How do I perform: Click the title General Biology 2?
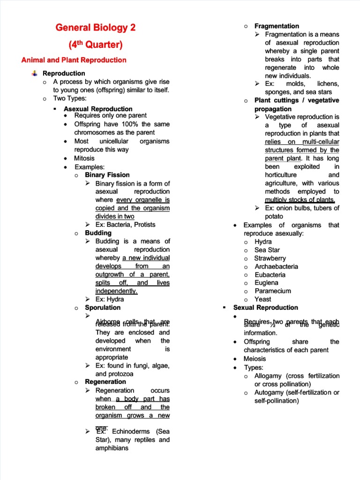[x=96, y=28]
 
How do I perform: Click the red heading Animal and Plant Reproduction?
[x=74, y=60]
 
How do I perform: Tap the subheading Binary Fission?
[x=107, y=175]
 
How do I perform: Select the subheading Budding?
[x=98, y=233]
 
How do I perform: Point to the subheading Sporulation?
[x=103, y=307]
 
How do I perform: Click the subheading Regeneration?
[x=105, y=382]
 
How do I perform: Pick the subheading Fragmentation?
[x=277, y=26]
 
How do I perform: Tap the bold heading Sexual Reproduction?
[x=265, y=307]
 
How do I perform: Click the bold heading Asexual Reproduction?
[x=98, y=109]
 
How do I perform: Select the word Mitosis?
[x=84, y=158]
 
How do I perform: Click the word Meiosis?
[x=255, y=359]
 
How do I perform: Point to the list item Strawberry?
[x=270, y=258]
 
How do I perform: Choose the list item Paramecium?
[x=273, y=291]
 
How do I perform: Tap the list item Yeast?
[x=263, y=299]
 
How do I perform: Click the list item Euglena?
[x=266, y=283]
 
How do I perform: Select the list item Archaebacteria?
[x=276, y=266]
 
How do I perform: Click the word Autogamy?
[x=270, y=392]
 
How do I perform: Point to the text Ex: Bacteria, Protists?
[x=125, y=225]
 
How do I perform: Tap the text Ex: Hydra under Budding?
[x=110, y=299]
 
